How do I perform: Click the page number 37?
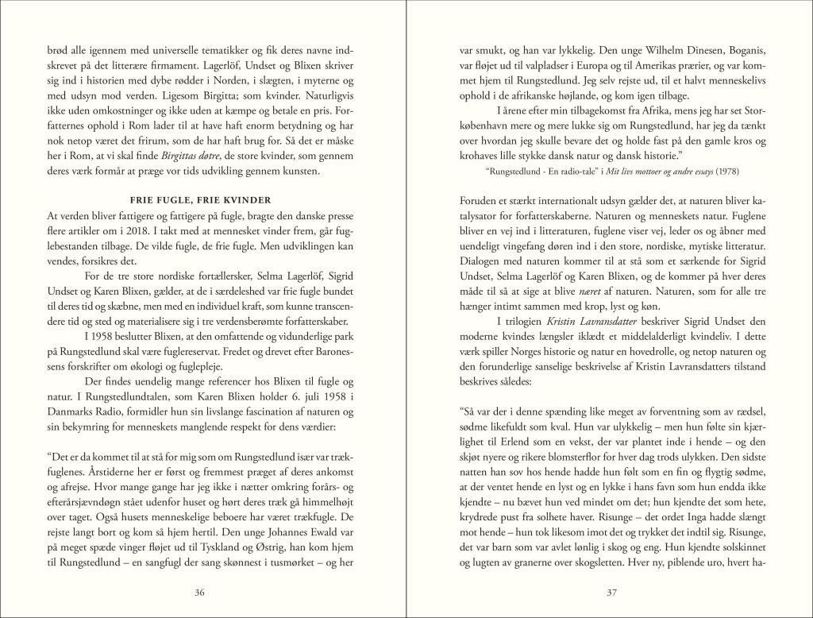click(612, 591)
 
